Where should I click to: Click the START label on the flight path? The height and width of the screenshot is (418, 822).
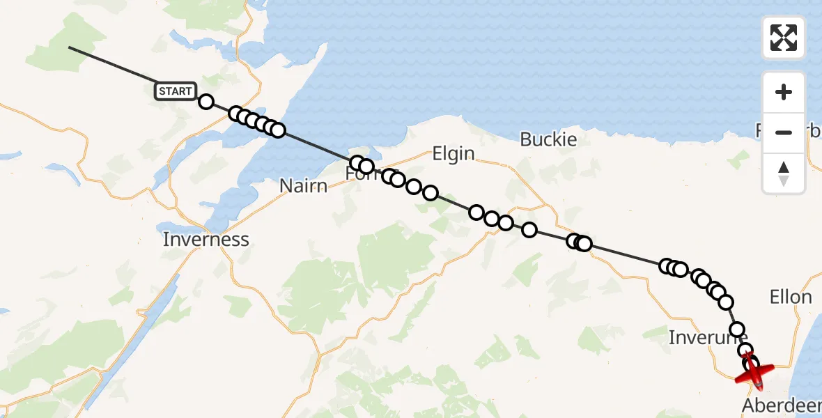coord(175,91)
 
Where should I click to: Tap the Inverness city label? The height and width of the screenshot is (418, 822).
coord(205,240)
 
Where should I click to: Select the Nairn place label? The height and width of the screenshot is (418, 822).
coord(303,186)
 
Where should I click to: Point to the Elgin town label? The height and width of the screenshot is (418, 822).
coord(453,154)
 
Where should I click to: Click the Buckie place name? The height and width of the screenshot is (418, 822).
coord(549,139)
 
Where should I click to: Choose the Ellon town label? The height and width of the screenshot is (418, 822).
coord(791,297)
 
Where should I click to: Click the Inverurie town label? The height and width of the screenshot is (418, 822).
coord(707,338)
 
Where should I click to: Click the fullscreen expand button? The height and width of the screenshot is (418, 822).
coord(784,38)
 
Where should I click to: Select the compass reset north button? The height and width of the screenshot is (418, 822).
coord(784,173)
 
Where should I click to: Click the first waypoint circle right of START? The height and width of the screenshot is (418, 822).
coord(206,102)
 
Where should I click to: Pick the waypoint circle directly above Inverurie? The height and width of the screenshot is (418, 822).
coord(736,330)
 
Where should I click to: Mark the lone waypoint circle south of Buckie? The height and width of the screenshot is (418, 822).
coord(529,230)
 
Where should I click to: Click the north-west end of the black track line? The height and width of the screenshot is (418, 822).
coord(69,47)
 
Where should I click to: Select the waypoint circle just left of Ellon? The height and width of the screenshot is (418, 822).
coord(726,302)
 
